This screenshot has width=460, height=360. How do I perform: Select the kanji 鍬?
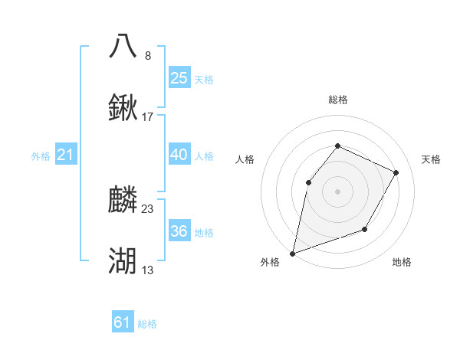(x=123, y=108)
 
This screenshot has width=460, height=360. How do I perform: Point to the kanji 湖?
(x=123, y=260)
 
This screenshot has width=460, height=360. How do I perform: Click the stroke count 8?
(x=148, y=55)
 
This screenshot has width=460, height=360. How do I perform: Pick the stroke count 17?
(x=148, y=117)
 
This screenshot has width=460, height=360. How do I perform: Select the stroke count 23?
(x=148, y=209)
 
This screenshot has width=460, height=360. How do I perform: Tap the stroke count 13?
(x=148, y=270)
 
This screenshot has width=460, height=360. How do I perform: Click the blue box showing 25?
(x=179, y=78)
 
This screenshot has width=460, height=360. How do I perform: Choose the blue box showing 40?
(x=179, y=155)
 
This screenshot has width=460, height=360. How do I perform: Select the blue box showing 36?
(x=179, y=231)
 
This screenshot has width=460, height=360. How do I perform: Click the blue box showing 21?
(x=65, y=155)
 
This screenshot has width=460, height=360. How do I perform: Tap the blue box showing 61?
(x=123, y=323)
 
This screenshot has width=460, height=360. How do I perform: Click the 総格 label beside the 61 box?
(x=147, y=324)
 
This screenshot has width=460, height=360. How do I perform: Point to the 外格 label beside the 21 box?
(x=41, y=156)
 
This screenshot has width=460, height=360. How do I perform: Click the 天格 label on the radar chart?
(x=432, y=159)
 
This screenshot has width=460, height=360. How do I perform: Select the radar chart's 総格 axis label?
(x=337, y=100)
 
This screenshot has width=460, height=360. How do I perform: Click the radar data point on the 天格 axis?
(x=396, y=172)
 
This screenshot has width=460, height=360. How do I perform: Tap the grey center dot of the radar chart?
(x=337, y=191)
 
